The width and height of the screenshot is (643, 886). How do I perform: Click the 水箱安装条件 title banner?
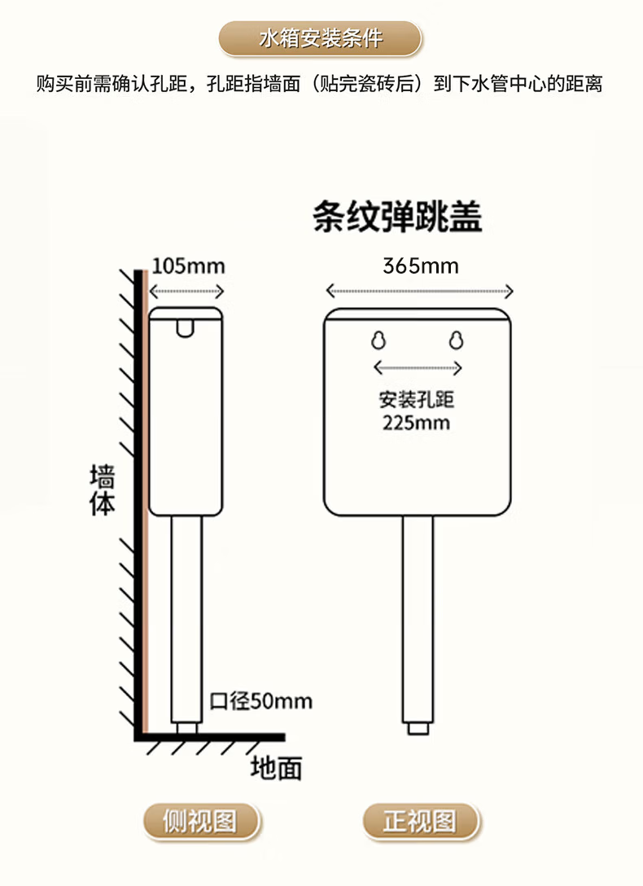(x=321, y=38)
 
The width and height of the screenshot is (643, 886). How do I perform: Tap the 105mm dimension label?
(x=188, y=266)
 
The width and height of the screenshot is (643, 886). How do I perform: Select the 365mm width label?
(x=420, y=266)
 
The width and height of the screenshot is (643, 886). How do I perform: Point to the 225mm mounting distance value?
(x=416, y=423)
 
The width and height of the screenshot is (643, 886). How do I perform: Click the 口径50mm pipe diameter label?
(x=260, y=700)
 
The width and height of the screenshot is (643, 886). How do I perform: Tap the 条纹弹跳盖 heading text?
(x=397, y=218)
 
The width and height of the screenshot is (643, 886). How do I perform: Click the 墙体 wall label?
(x=103, y=491)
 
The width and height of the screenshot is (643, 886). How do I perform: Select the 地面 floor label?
(x=277, y=767)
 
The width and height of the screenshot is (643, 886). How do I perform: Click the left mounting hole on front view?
(x=378, y=340)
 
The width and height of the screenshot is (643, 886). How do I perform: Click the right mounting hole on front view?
(x=456, y=340)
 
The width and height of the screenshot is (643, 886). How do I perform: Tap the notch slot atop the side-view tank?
(x=186, y=327)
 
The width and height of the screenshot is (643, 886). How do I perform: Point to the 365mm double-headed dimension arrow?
(x=419, y=291)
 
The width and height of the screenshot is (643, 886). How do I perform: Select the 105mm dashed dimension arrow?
(x=187, y=292)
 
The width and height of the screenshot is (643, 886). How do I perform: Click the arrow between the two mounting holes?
(x=418, y=367)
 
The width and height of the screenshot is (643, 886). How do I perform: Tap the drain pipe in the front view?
(x=418, y=619)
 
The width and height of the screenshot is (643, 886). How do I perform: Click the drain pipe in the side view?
(x=186, y=619)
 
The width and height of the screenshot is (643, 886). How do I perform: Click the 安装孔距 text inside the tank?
(x=416, y=401)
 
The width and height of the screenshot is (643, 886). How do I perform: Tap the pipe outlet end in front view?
(x=417, y=728)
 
